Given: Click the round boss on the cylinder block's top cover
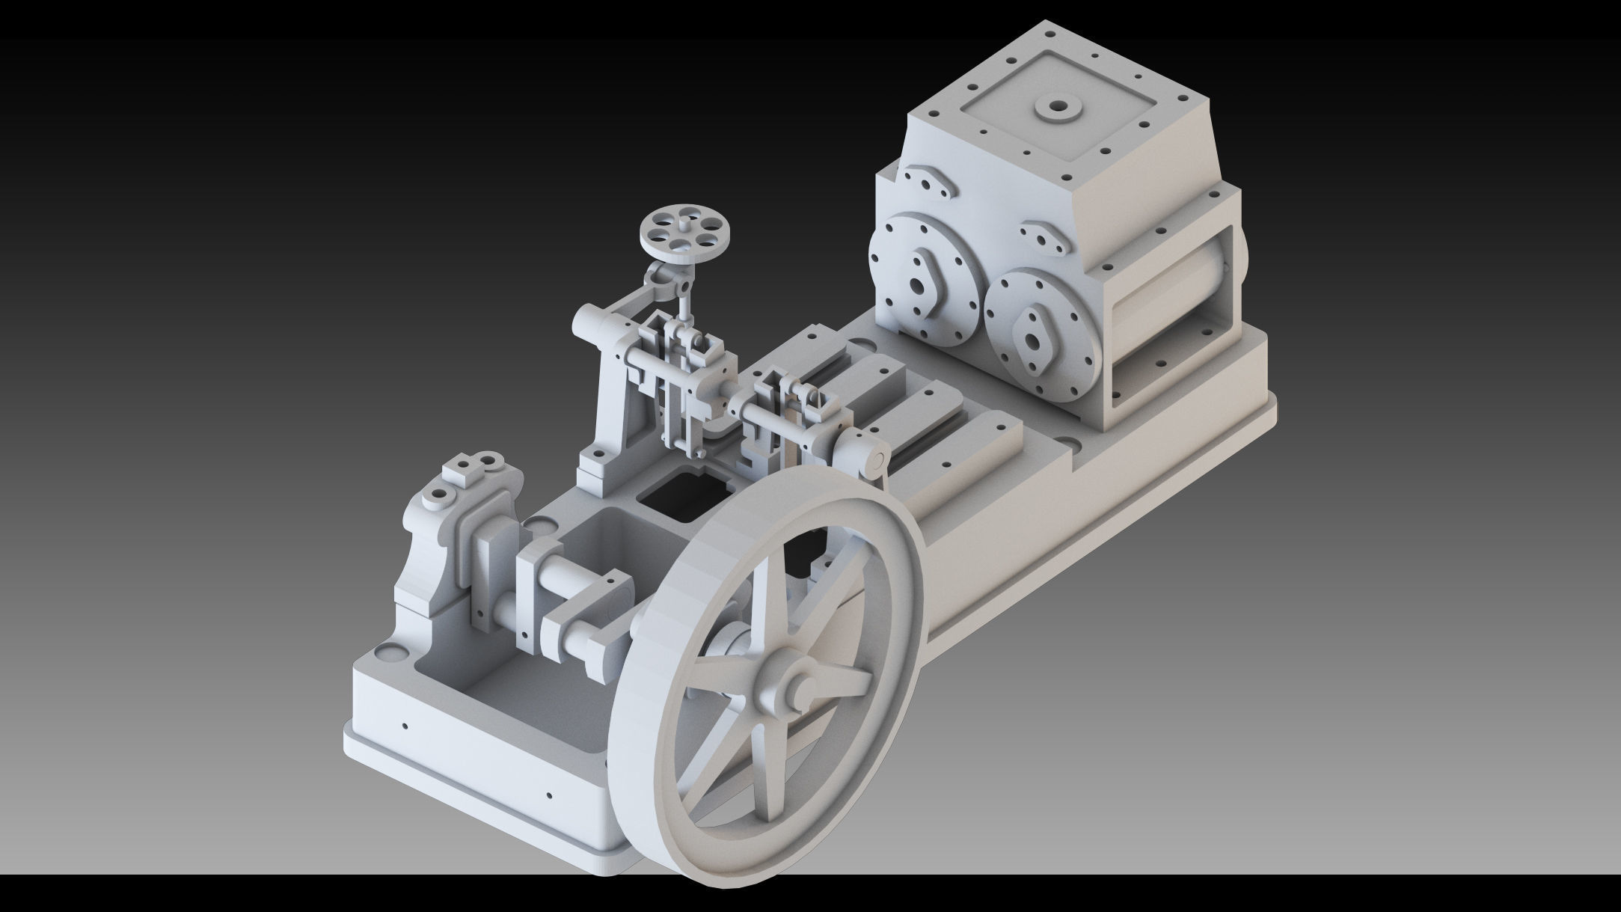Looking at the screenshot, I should click(x=1058, y=109).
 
